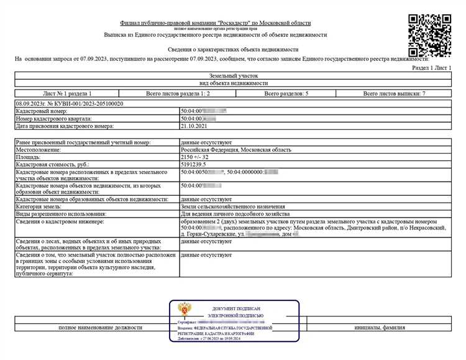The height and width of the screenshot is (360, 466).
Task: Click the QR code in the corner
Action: [429, 35]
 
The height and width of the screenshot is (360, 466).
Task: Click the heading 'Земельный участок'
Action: [232, 75]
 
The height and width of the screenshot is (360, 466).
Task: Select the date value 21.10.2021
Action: [193, 126]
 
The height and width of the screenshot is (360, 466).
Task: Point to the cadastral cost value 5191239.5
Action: [195, 165]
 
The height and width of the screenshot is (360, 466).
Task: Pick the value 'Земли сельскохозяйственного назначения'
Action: [233, 206]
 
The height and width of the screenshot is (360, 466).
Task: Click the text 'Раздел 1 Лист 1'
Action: [432, 68]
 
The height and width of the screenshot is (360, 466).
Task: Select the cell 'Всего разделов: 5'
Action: [286, 93]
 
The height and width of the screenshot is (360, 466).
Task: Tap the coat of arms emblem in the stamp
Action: [186, 310]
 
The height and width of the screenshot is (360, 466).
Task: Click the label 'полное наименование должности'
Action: [101, 327]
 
